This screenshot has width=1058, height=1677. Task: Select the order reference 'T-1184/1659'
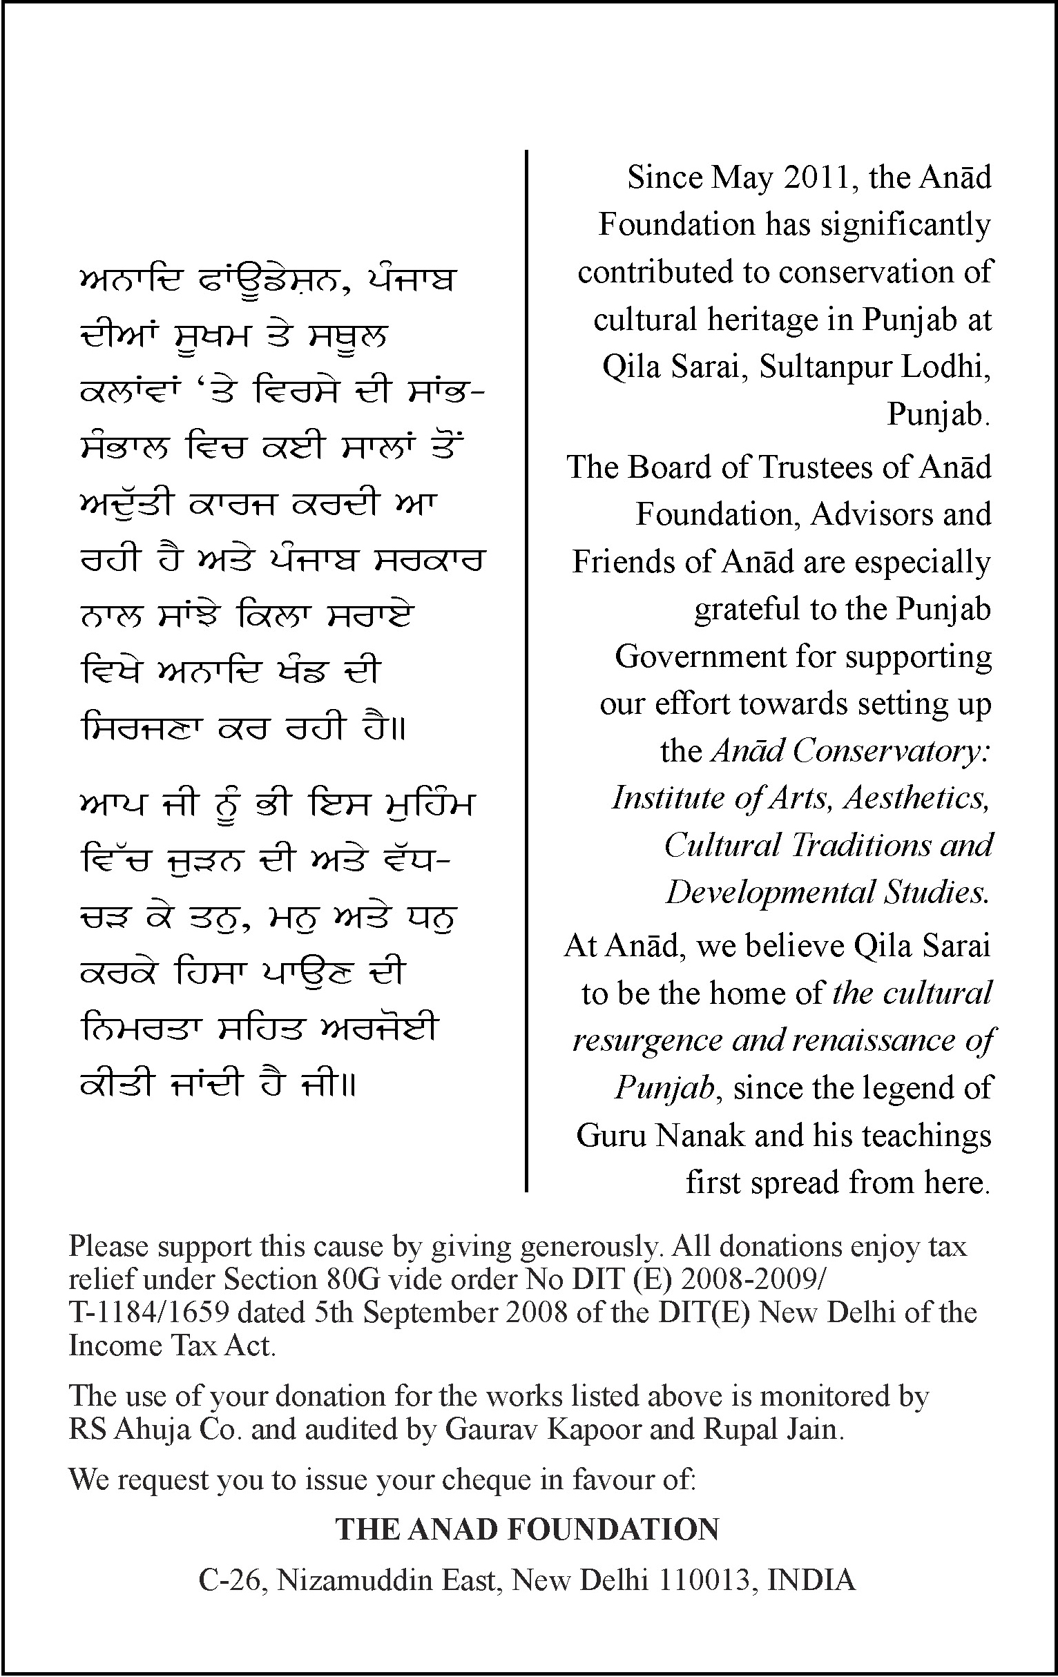tap(149, 1312)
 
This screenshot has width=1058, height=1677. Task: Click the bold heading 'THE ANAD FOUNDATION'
tap(527, 1529)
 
